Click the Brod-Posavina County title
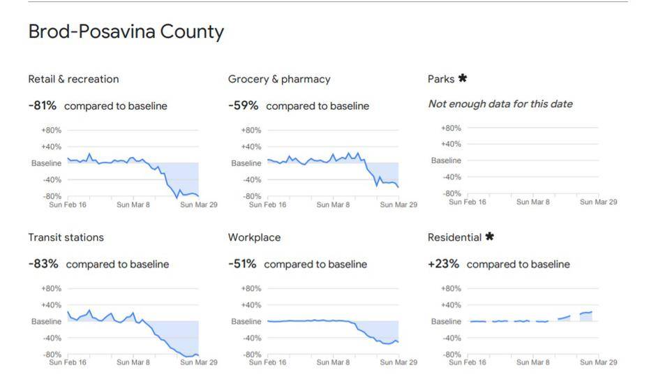pyautogui.click(x=126, y=32)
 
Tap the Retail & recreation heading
pyautogui.click(x=73, y=79)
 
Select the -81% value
pyautogui.click(x=42, y=105)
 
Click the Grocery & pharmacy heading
pyautogui.click(x=279, y=79)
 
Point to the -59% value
pyautogui.click(x=243, y=105)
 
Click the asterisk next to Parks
pyautogui.click(x=462, y=79)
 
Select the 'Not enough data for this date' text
pyautogui.click(x=500, y=104)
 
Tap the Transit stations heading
pyautogui.click(x=66, y=237)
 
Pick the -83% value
pyautogui.click(x=43, y=264)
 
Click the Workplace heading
pyautogui.click(x=254, y=237)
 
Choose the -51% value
pyautogui.click(x=242, y=264)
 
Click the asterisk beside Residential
pyautogui.click(x=489, y=237)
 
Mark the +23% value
pyautogui.click(x=443, y=264)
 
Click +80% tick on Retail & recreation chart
pyautogui.click(x=52, y=130)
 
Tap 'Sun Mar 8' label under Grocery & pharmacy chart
pyautogui.click(x=332, y=205)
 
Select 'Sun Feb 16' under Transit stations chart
pyautogui.click(x=68, y=363)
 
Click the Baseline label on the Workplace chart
pyautogui.click(x=246, y=322)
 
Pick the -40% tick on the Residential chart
pyautogui.click(x=452, y=339)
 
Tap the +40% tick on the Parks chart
pyautogui.click(x=452, y=144)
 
